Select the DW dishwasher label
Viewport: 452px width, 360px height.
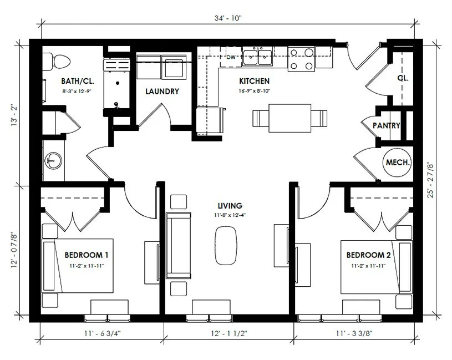coord(231,57)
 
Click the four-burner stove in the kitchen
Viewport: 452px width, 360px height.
coord(301,59)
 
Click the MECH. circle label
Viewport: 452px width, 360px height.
coord(398,163)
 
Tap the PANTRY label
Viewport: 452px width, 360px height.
coord(387,126)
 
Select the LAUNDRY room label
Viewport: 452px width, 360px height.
coord(162,92)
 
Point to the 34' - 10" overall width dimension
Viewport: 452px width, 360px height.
coord(227,18)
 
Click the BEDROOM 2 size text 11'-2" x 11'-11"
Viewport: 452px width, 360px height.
coord(368,266)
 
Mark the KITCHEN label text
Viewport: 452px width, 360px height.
coord(255,80)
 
